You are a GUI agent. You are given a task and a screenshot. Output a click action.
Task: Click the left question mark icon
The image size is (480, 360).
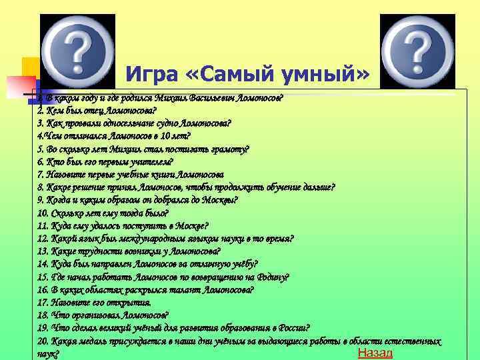tap(77, 50)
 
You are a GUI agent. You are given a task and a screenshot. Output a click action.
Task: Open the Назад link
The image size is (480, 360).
tap(375, 353)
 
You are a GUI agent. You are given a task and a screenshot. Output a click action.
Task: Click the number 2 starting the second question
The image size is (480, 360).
tap(41, 110)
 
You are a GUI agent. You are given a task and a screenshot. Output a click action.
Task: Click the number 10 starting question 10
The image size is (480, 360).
tap(43, 213)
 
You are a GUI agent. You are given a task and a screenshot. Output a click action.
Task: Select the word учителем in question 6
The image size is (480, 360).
tap(151, 161)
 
